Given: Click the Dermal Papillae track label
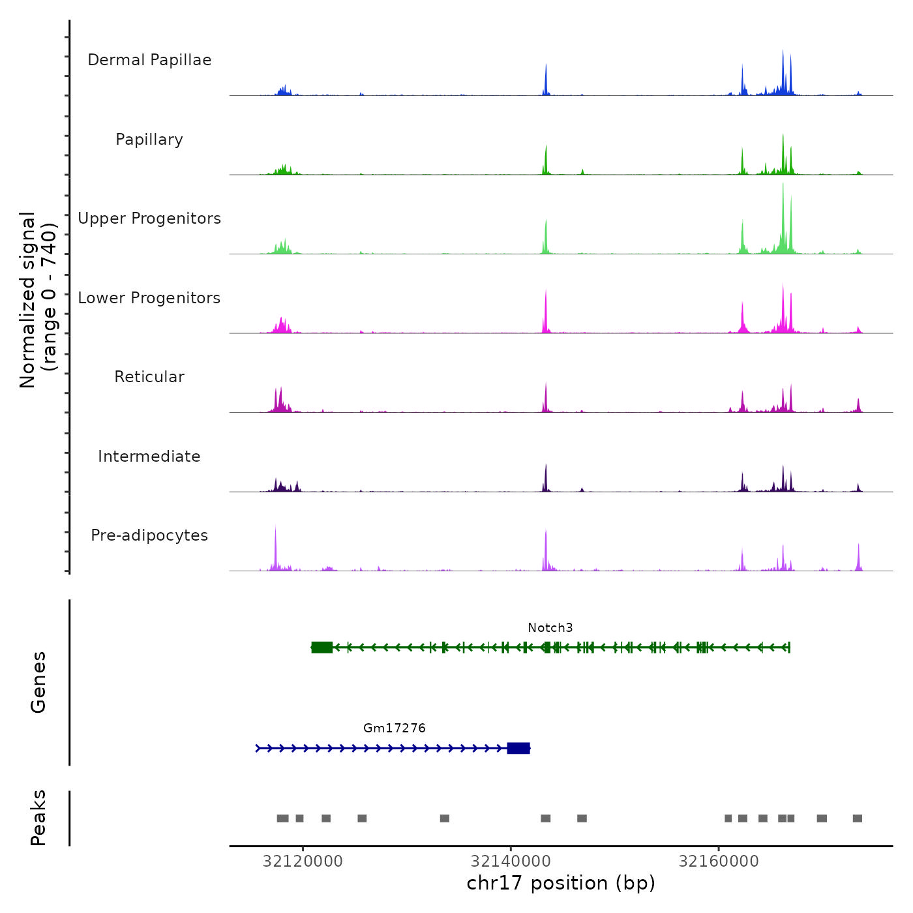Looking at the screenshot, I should point(149,60).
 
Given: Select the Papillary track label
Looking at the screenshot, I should point(149,140).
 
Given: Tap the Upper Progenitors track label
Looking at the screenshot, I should point(149,218).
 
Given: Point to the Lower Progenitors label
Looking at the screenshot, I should point(149,298).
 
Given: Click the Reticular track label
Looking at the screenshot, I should point(149,377).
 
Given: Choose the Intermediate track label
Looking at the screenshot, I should point(149,456).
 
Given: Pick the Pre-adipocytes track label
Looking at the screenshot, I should point(149,535).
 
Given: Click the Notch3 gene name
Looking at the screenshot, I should point(550,628).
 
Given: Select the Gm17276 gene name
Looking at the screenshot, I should point(394,728).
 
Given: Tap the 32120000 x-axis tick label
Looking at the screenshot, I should point(303,861).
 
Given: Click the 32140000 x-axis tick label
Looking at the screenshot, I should point(511,861).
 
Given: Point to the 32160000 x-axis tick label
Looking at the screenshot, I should point(719,861).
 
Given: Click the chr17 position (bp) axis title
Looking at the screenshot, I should point(561,883).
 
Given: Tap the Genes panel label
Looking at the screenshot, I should point(38,682).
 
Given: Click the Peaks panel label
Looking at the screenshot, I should point(38,818).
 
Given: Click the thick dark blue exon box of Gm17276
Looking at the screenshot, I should point(518,748).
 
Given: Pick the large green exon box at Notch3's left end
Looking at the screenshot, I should point(322,647).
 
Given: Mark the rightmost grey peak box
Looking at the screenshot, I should point(857,818).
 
